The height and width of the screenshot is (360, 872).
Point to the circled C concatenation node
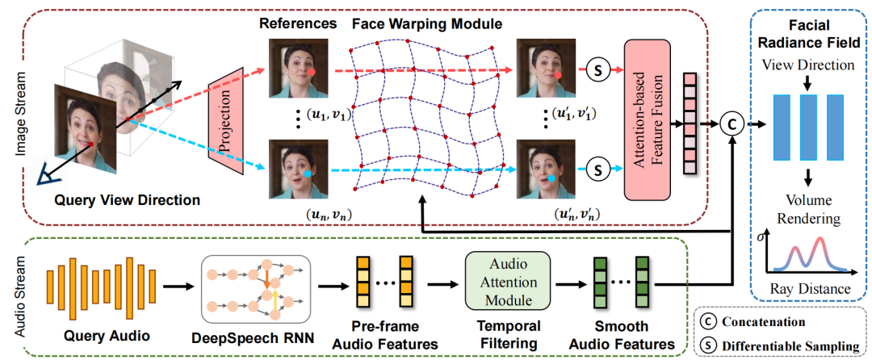(x=732, y=124)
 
